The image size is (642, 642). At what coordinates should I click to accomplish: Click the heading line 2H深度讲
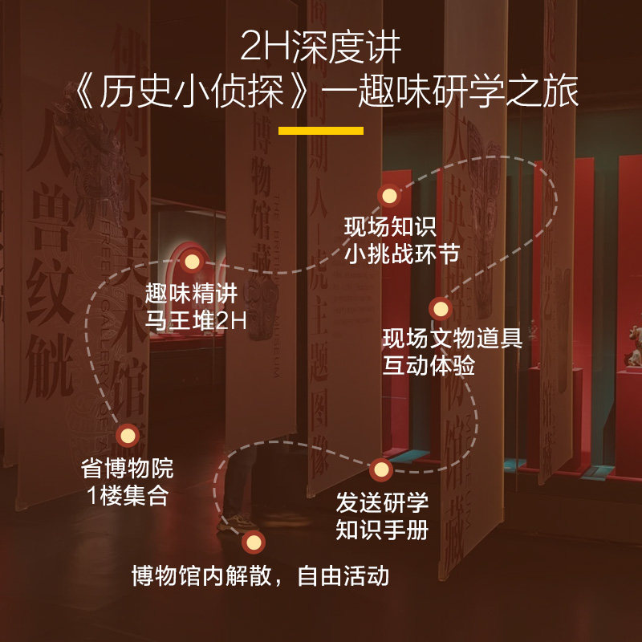tap(321, 50)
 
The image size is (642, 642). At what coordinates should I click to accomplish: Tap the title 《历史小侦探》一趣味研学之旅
tap(321, 94)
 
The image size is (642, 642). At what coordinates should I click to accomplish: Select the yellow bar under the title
tap(321, 130)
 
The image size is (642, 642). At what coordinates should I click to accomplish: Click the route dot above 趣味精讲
tap(192, 261)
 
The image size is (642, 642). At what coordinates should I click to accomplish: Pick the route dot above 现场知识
tap(389, 196)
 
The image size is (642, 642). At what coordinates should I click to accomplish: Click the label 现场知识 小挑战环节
tap(401, 240)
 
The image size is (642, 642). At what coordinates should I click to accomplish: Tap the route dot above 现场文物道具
tap(439, 308)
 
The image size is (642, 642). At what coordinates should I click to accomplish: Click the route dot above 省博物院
tap(127, 436)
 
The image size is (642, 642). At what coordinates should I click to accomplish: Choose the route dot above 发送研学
tap(381, 469)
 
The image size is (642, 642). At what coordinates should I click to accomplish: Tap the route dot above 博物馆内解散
tap(254, 542)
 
